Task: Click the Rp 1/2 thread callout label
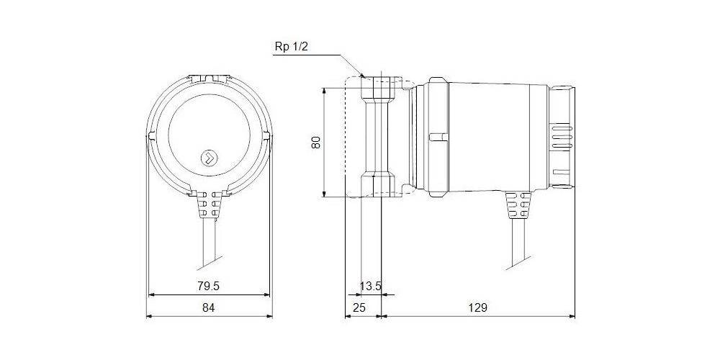coord(290,47)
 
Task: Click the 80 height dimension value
coord(316,143)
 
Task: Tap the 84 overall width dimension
coord(209,307)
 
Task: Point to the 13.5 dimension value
coord(370,287)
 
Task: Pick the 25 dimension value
coord(359,307)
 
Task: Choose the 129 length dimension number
coord(478,307)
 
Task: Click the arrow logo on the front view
coord(210,158)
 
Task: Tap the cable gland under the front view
coord(210,204)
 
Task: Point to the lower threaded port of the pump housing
coord(377,184)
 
